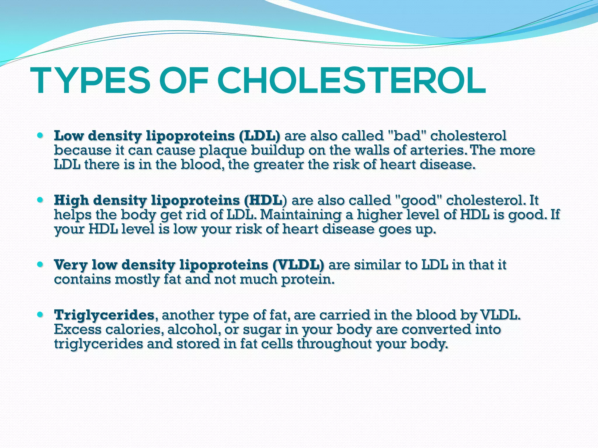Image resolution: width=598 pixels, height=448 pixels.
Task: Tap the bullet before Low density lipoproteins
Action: click(41, 136)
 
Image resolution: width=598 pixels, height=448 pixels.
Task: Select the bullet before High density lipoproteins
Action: click(41, 200)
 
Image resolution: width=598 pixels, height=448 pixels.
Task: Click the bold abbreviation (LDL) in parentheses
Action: click(259, 136)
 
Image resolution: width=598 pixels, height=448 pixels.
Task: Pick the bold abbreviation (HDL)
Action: click(265, 200)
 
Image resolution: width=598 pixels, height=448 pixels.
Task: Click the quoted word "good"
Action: click(418, 201)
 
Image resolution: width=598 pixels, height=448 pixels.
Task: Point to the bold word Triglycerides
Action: click(104, 315)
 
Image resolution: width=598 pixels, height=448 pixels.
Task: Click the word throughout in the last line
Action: click(334, 344)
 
